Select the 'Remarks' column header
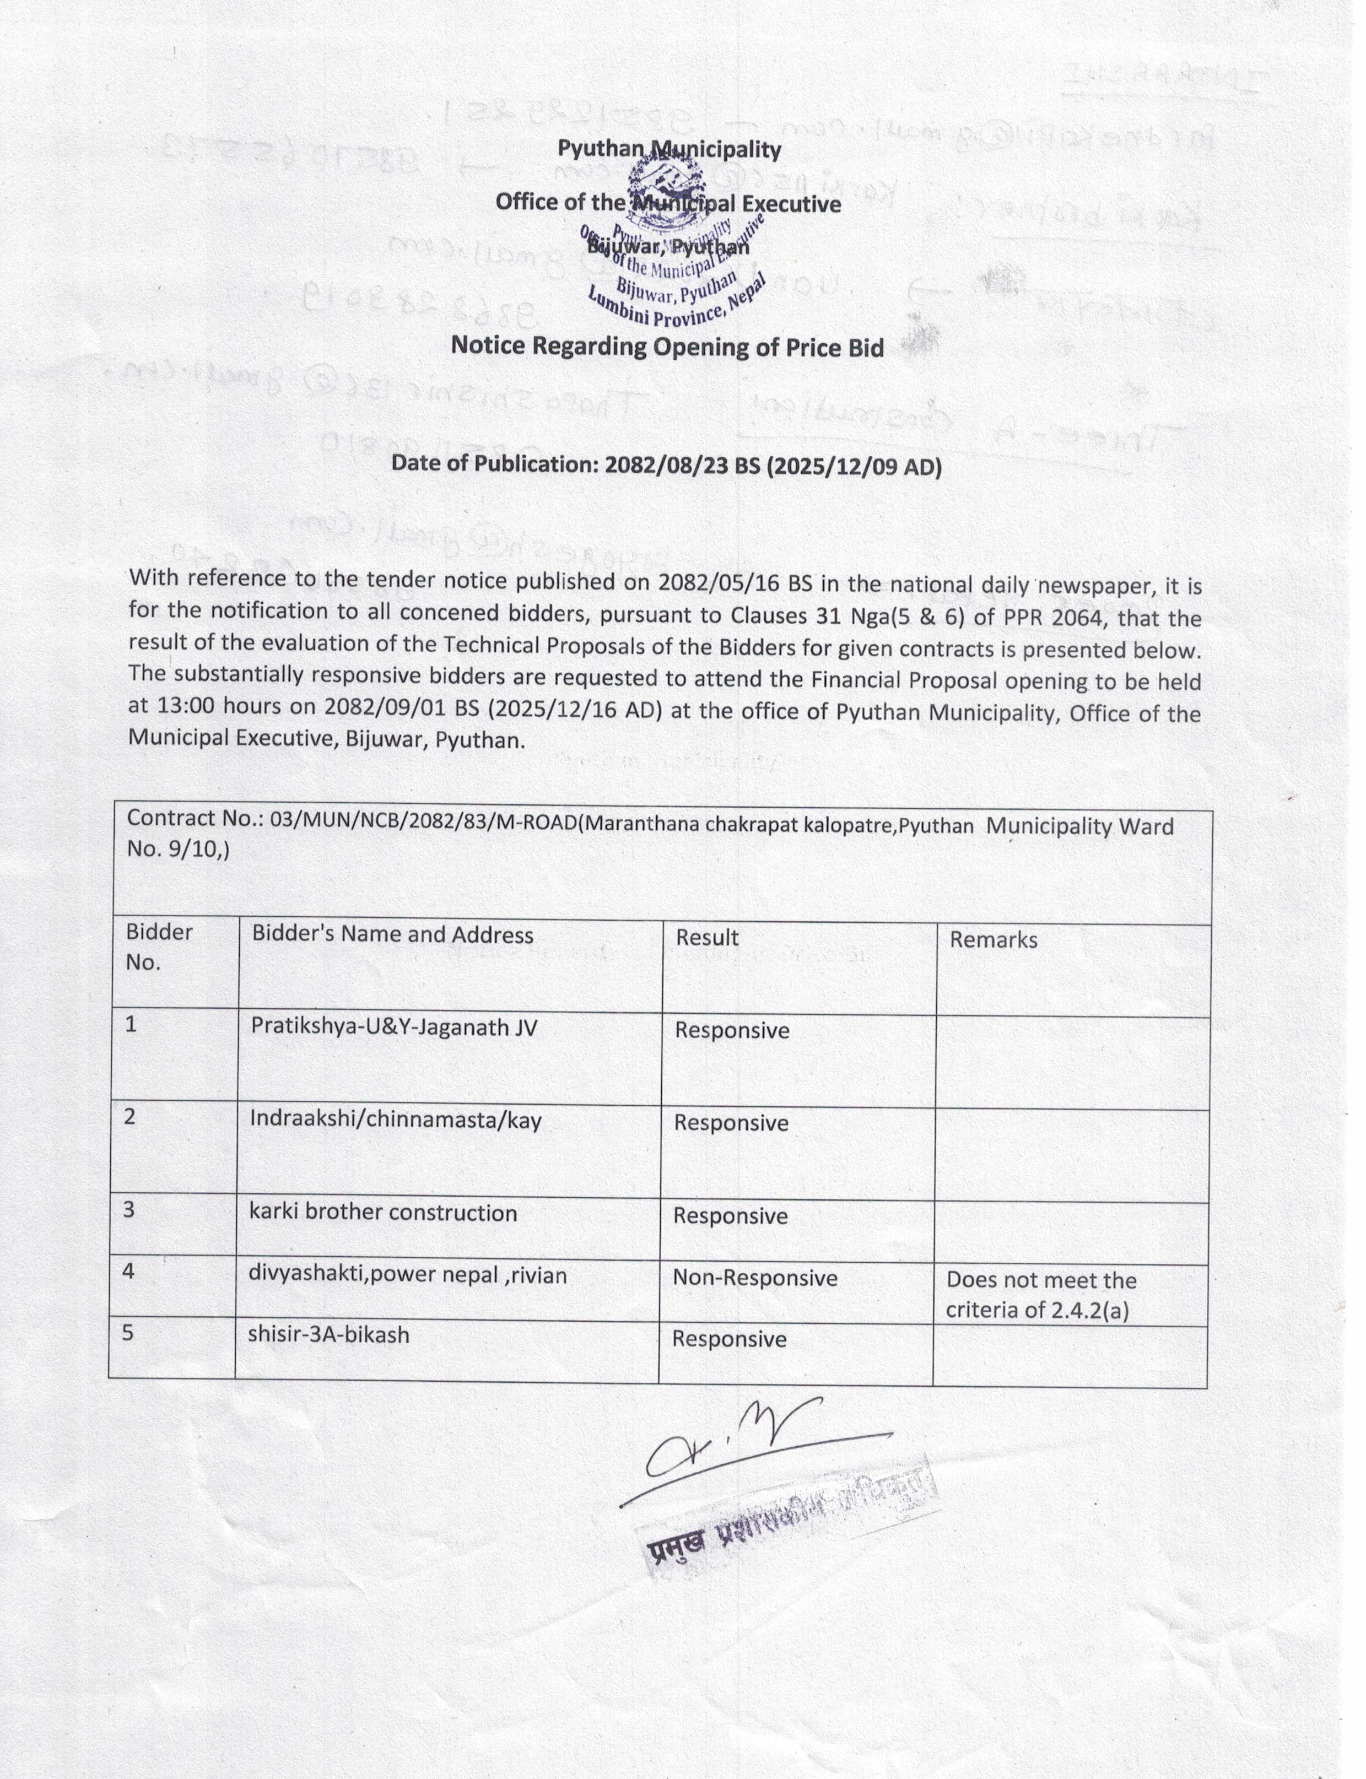click(994, 940)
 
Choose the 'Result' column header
click(706, 938)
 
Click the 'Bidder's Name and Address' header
click(393, 935)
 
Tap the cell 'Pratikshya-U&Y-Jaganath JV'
click(395, 1028)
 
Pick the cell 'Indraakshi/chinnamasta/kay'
click(396, 1121)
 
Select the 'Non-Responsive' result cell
click(754, 1278)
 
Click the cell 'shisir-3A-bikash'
click(330, 1334)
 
